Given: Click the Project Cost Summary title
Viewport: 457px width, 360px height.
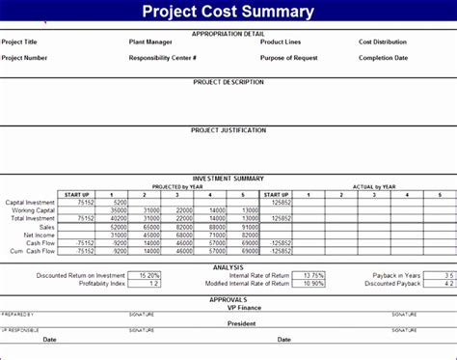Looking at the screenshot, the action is click(x=228, y=12).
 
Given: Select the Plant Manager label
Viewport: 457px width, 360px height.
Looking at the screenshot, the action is click(x=150, y=42).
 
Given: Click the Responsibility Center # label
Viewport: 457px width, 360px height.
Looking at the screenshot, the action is click(x=163, y=57).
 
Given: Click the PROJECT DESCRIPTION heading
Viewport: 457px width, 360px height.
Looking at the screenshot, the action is click(x=228, y=82).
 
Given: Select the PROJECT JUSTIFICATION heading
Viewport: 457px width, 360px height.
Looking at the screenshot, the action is click(x=228, y=129).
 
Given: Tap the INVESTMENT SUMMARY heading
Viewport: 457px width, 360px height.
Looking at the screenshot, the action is click(x=228, y=179).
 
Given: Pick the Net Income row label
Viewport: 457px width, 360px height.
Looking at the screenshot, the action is click(x=40, y=235).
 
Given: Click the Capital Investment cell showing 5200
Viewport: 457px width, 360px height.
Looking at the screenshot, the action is click(x=119, y=202).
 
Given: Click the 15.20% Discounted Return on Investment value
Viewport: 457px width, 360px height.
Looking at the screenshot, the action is click(x=148, y=275).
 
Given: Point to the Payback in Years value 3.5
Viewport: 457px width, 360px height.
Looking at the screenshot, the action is click(x=444, y=275).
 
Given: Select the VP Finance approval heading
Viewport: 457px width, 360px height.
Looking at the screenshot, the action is click(x=228, y=307).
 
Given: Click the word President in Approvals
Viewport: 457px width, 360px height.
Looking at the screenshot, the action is click(x=228, y=323).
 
